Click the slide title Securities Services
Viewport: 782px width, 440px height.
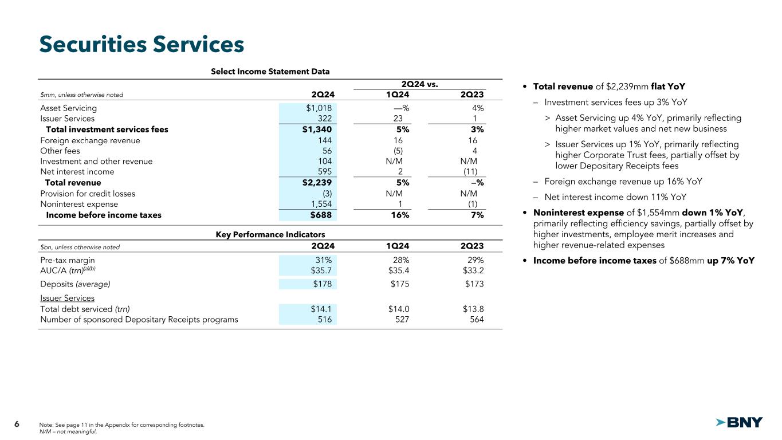point(142,44)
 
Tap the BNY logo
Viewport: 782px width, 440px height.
point(740,423)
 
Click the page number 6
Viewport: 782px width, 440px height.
point(17,424)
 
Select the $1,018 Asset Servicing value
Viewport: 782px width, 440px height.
point(319,108)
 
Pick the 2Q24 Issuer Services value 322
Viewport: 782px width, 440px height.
point(323,119)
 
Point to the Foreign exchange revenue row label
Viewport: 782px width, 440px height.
point(90,140)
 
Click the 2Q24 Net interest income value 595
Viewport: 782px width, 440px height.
point(323,171)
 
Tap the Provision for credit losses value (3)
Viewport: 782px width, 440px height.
point(326,194)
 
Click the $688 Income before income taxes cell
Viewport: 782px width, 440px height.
point(321,215)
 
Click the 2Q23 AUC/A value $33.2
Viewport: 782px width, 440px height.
point(473,270)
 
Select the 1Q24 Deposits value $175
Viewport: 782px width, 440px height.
point(399,284)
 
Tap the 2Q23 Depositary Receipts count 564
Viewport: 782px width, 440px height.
point(476,320)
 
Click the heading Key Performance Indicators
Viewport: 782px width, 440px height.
point(270,234)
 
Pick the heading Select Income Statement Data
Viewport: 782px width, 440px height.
point(270,72)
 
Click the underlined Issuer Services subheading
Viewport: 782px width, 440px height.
point(67,298)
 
